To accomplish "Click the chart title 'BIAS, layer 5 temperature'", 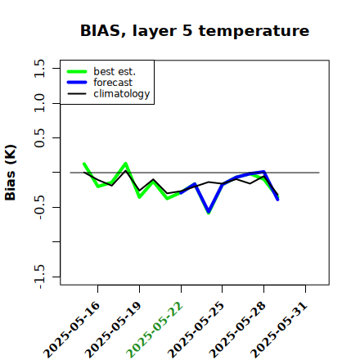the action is coord(195,30).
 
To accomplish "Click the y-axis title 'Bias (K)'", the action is coord(11,173).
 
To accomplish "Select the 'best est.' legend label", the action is coord(115,71).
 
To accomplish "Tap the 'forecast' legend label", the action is coord(113,83).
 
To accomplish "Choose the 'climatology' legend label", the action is coord(122,94).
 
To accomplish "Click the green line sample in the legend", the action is coord(77,72).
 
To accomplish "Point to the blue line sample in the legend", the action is coord(77,83).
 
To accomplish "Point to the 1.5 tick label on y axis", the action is coord(39,68).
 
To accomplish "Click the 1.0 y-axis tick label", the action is coord(39,103).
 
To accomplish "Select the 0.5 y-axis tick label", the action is coord(39,138).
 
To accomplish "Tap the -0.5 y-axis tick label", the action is coord(40,208).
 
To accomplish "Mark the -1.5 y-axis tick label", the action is coord(40,277).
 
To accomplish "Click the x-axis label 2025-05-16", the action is coord(71,330).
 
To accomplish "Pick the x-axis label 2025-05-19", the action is coord(113,330).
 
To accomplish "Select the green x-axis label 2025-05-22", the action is coord(155,330).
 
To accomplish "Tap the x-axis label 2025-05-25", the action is coord(196,330).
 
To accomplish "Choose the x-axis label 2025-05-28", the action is coord(237,330).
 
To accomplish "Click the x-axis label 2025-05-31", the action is coord(279,330).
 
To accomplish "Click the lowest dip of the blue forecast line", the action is coord(209,212).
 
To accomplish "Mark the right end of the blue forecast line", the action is coord(277,200).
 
